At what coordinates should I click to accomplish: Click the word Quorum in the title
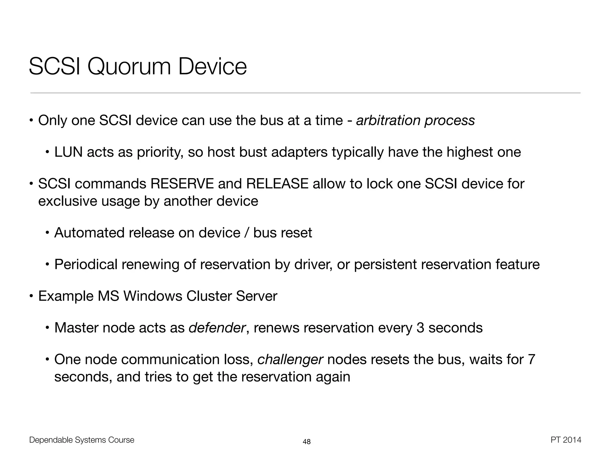129,67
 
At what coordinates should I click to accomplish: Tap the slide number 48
307,442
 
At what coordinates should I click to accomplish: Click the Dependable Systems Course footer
82,440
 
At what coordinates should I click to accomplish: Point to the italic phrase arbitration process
415,121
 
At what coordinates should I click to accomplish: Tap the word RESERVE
182,184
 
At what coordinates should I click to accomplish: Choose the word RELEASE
277,184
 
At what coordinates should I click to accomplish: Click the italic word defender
217,328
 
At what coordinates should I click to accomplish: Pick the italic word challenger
290,359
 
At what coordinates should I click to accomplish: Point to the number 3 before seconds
420,328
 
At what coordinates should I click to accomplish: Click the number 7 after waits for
531,359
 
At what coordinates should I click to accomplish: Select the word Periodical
86,265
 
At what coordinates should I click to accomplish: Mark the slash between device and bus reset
247,233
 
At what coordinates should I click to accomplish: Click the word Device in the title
212,67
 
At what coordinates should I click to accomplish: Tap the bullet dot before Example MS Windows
31,296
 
